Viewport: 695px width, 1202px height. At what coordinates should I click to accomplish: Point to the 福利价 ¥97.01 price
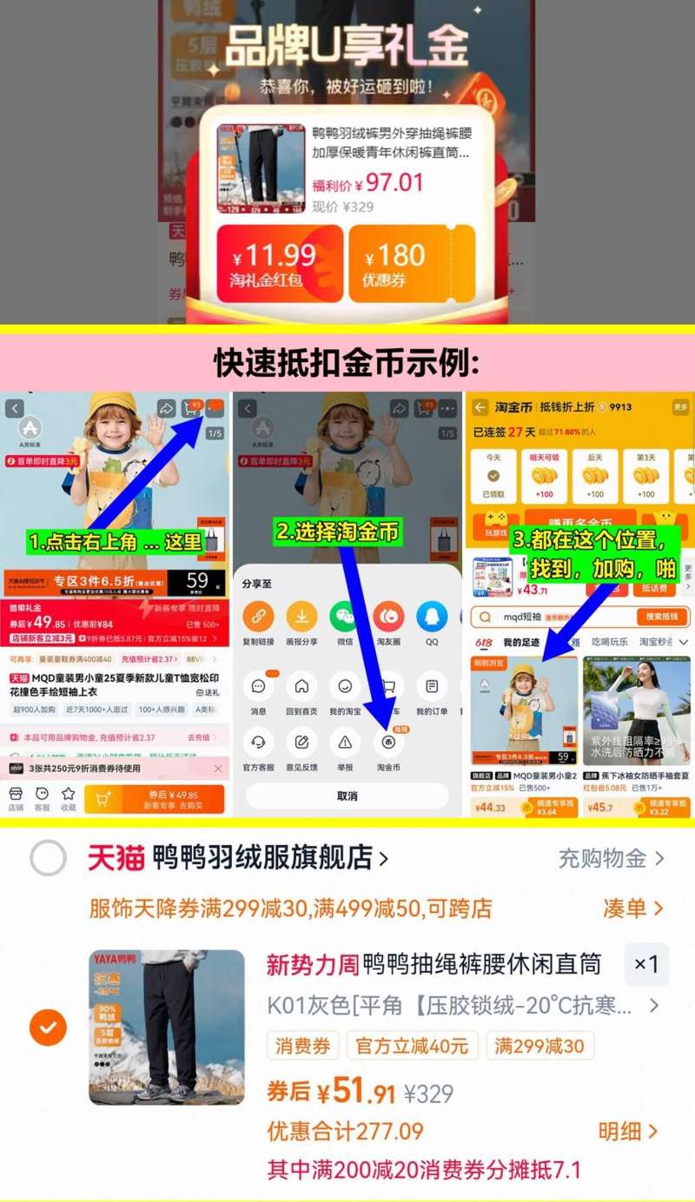coord(368,183)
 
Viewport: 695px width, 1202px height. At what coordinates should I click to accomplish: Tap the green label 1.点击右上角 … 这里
coord(116,542)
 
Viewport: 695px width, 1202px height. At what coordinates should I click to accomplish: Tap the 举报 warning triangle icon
coord(345,742)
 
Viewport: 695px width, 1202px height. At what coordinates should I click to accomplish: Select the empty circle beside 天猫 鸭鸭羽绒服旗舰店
coord(49,859)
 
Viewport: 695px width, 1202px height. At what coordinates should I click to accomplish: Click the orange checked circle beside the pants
coord(49,1027)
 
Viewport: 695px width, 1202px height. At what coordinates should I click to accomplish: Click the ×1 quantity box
coord(645,965)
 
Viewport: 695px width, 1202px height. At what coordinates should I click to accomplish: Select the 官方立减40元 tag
coord(412,1046)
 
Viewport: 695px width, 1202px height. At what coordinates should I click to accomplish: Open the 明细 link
coord(628,1131)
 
